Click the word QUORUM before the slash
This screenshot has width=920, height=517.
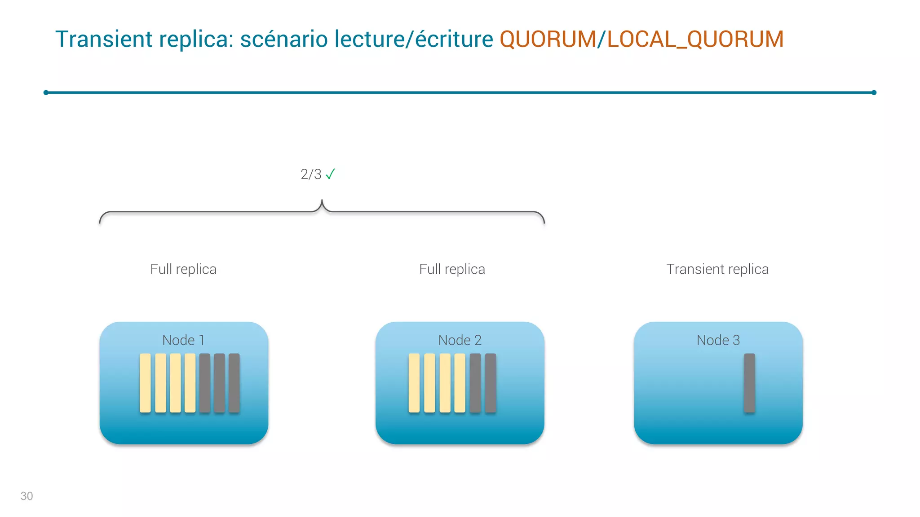[548, 39]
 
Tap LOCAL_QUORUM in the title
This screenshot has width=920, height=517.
[695, 39]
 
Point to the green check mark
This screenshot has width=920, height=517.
[330, 174]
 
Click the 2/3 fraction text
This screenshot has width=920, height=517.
[311, 174]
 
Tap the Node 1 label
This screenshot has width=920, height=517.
[183, 340]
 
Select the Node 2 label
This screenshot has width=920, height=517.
[460, 340]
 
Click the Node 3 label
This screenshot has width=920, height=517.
[718, 340]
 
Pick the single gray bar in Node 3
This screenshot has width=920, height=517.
[749, 383]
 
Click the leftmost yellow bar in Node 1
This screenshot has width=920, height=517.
[145, 383]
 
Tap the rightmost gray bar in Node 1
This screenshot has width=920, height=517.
[234, 383]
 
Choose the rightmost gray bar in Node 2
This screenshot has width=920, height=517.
[491, 383]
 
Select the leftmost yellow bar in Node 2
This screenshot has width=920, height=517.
[414, 383]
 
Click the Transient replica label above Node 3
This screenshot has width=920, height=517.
[717, 269]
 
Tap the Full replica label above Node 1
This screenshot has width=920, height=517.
[183, 269]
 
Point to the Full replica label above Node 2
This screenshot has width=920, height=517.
[452, 269]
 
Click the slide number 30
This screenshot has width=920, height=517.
[27, 496]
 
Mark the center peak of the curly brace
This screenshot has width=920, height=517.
[322, 202]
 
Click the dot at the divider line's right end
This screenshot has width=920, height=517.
[874, 92]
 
